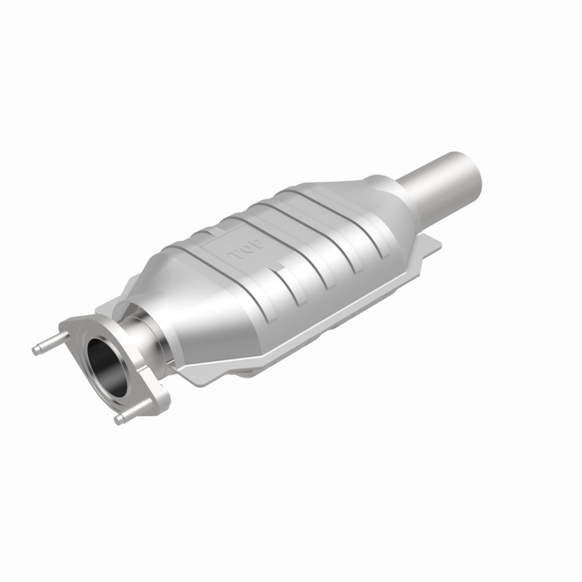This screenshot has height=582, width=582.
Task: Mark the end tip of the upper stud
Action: [x=35, y=350]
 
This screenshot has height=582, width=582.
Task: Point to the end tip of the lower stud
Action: [x=118, y=420]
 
